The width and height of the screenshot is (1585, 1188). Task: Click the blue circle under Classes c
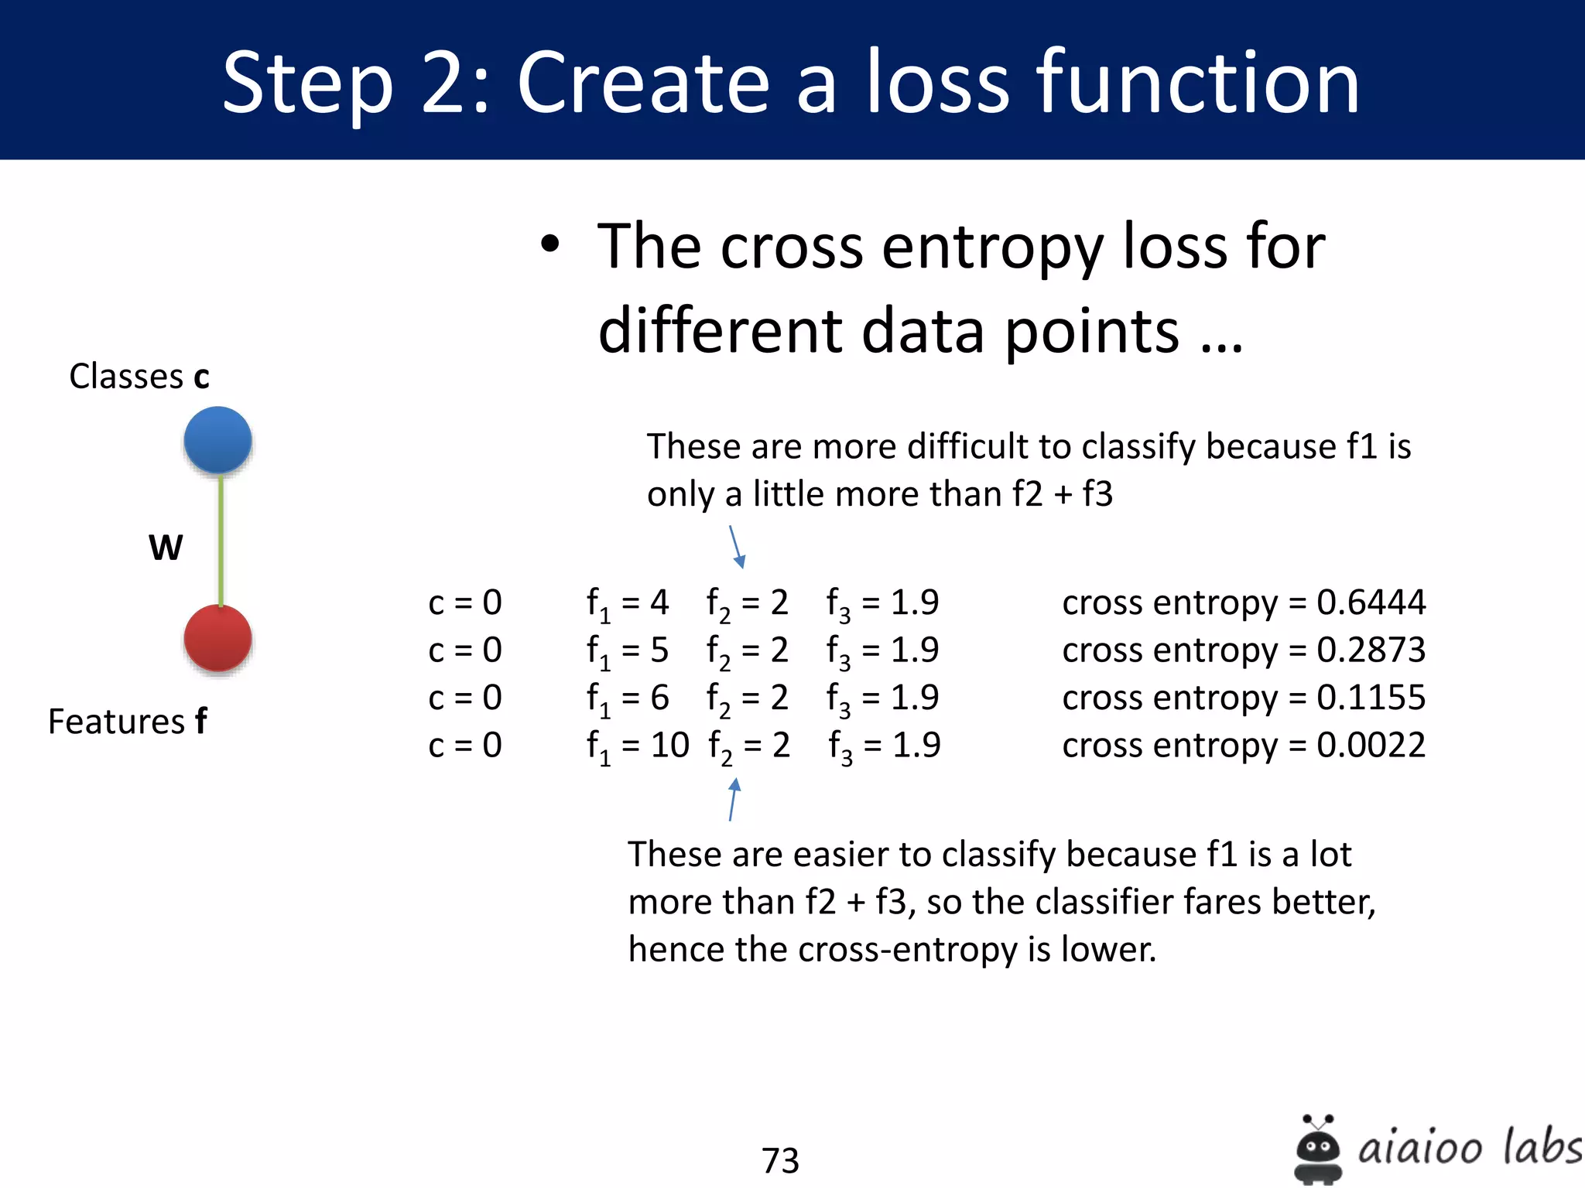pos(217,440)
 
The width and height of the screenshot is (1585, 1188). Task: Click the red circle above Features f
pos(217,638)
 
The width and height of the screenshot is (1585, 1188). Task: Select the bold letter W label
pos(166,548)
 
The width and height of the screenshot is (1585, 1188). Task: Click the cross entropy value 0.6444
pos(1371,603)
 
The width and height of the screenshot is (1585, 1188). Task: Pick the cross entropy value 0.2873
pos(1371,650)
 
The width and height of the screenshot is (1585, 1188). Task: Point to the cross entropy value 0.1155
pos(1371,698)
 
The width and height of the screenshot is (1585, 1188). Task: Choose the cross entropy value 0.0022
pos(1371,746)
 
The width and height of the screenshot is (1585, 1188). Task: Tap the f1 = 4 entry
pos(627,603)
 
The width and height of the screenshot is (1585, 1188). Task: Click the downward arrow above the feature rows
pos(737,547)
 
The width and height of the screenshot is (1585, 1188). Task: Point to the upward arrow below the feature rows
pos(733,799)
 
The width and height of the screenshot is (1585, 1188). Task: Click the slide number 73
pos(780,1160)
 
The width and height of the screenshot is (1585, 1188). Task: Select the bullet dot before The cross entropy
pos(549,245)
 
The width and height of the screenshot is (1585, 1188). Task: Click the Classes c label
pos(139,377)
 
